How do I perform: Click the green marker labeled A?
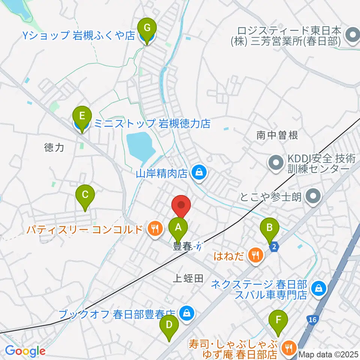coord(178,228)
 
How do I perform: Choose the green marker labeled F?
coord(278,320)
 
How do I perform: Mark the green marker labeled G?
coord(147,28)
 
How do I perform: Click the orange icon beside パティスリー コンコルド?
coord(154,229)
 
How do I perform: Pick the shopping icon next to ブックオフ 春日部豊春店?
coord(186,313)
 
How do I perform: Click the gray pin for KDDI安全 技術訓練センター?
coord(276,163)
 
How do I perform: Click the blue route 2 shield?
coord(274,246)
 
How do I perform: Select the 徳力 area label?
coord(54,148)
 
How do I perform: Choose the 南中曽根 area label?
coord(277,135)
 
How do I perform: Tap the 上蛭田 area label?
coord(188,278)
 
